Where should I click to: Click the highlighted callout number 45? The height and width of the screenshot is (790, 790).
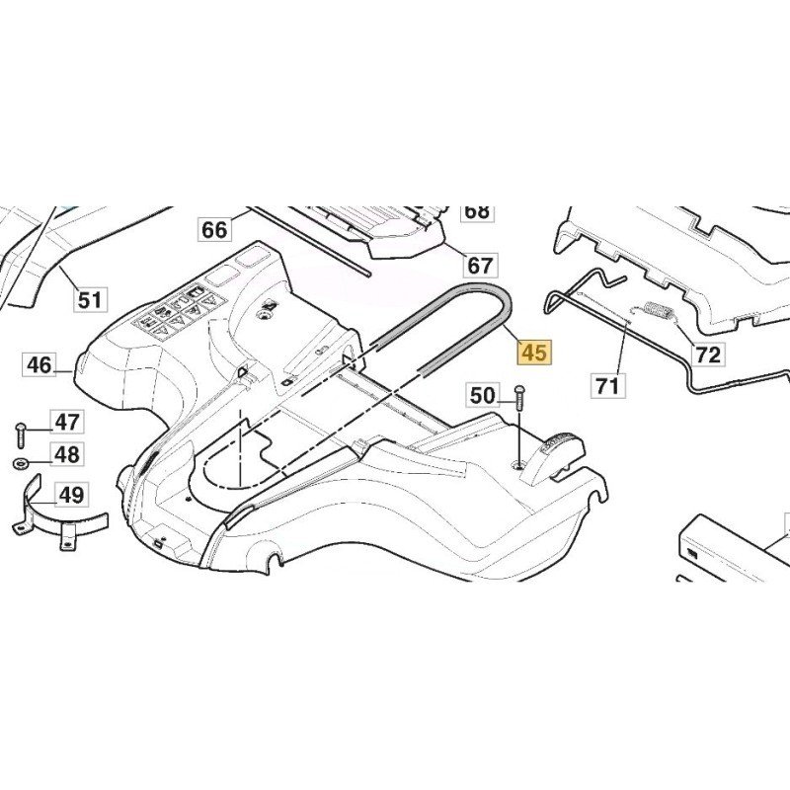click(533, 353)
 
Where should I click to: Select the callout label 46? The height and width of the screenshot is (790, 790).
click(39, 365)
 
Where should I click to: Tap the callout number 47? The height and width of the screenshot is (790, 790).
click(66, 423)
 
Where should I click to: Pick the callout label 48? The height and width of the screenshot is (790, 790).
click(66, 454)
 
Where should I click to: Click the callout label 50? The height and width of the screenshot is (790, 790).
click(482, 396)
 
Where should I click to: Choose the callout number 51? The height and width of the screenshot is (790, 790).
click(90, 299)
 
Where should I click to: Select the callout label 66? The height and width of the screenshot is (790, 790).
click(214, 230)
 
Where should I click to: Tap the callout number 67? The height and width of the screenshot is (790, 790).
click(480, 266)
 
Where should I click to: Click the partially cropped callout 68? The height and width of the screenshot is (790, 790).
click(476, 211)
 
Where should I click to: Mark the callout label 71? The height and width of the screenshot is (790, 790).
click(607, 386)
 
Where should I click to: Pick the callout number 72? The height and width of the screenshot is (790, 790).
click(708, 354)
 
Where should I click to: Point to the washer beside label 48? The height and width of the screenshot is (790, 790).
click(22, 462)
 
